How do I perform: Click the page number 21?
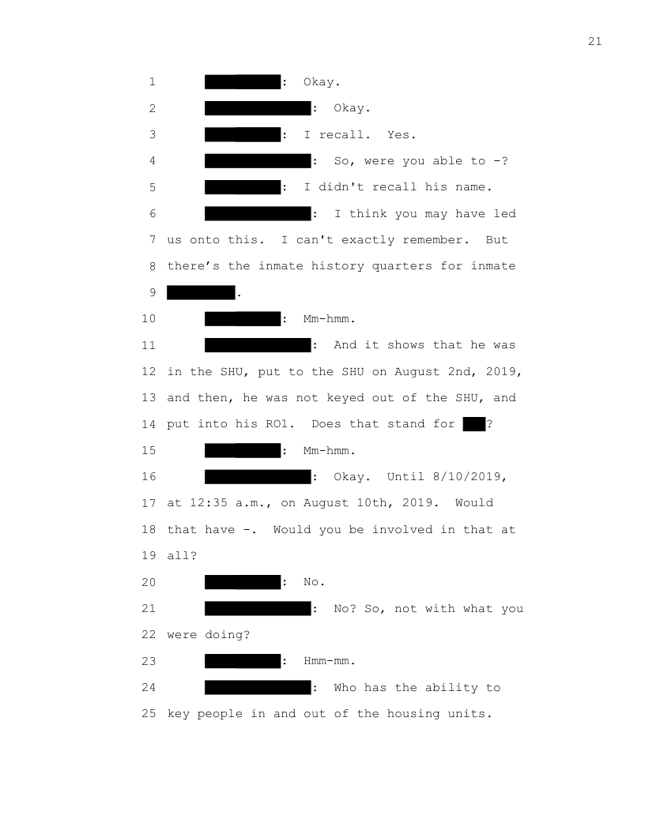(595, 42)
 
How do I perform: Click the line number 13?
(149, 398)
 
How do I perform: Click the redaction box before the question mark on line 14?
(474, 424)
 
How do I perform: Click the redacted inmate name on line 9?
(201, 292)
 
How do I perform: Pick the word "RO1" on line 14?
(279, 424)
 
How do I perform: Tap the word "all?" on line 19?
(182, 556)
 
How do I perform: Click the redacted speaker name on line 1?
(243, 82)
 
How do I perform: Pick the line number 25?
(149, 714)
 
